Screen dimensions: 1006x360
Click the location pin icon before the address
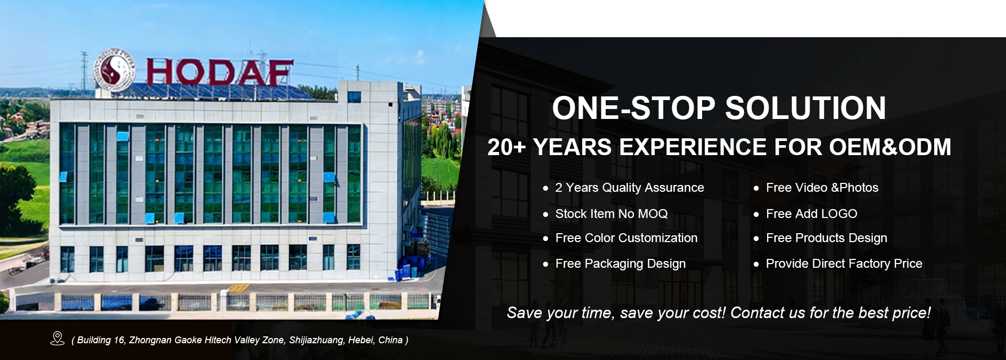coord(57,339)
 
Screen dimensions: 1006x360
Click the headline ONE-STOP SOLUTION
coord(719,108)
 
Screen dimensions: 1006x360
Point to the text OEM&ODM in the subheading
coord(890,147)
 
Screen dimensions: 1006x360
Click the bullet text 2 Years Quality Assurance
coord(629,188)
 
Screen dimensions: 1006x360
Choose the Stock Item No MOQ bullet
coord(611,214)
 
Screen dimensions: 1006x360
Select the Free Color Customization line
coord(626,238)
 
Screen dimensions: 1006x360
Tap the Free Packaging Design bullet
coord(620,264)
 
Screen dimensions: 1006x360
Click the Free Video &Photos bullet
coord(822,188)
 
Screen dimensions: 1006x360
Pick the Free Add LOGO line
coord(812,214)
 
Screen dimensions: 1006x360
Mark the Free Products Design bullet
coord(826,238)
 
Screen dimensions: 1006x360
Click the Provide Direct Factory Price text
coord(844,264)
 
